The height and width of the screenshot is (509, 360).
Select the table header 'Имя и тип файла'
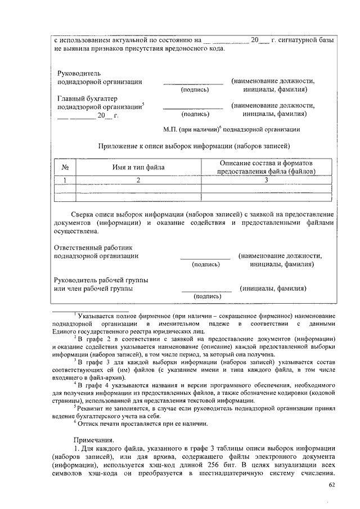coord(138,167)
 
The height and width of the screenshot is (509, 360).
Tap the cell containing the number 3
coord(266,180)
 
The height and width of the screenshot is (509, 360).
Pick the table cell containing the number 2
coord(138,180)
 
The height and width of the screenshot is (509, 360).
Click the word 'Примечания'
coord(93,439)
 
